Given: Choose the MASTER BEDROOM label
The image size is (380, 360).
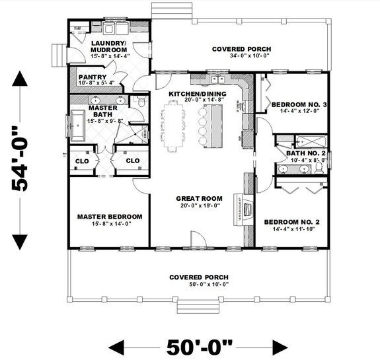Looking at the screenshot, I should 109,217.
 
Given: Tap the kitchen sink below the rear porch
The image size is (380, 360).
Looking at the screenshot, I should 218,80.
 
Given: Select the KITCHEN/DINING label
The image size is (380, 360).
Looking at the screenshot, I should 198,94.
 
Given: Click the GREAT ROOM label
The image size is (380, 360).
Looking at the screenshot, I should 198,198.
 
